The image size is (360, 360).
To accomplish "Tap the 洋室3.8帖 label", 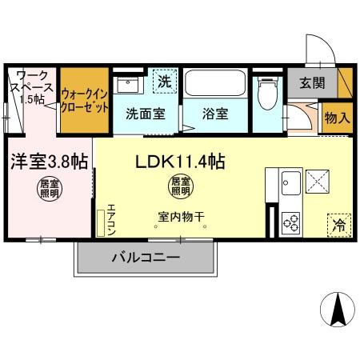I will tap(47, 161).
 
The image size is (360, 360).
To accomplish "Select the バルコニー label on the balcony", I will tap(145, 258).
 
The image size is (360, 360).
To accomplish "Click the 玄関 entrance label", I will tap(312, 82).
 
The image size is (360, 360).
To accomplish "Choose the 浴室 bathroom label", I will tap(214, 114).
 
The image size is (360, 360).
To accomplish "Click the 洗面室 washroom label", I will tap(145, 114).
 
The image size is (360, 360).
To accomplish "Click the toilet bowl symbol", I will tap(266, 94).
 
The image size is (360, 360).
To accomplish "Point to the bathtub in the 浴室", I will tap(215, 84).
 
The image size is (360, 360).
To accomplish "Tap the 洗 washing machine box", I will tap(163, 81).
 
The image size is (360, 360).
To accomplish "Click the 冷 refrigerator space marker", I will tap(338, 225).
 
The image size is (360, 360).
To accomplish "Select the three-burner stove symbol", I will tap(290, 220).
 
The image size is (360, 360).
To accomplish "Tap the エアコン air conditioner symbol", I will tap(102, 222).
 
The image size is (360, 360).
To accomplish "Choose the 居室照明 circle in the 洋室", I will tap(47, 190).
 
